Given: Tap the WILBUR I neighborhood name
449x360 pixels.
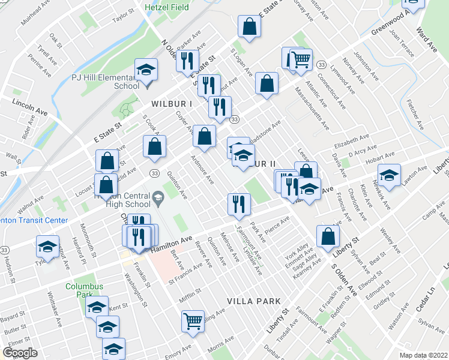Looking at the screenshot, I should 171,103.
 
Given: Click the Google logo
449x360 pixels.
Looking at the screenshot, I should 19,353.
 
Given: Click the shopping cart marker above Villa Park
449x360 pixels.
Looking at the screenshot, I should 193,320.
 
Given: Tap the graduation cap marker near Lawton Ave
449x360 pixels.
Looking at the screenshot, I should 390,175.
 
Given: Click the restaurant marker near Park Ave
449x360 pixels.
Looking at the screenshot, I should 239,203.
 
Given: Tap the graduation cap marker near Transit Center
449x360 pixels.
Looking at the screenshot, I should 47,247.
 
